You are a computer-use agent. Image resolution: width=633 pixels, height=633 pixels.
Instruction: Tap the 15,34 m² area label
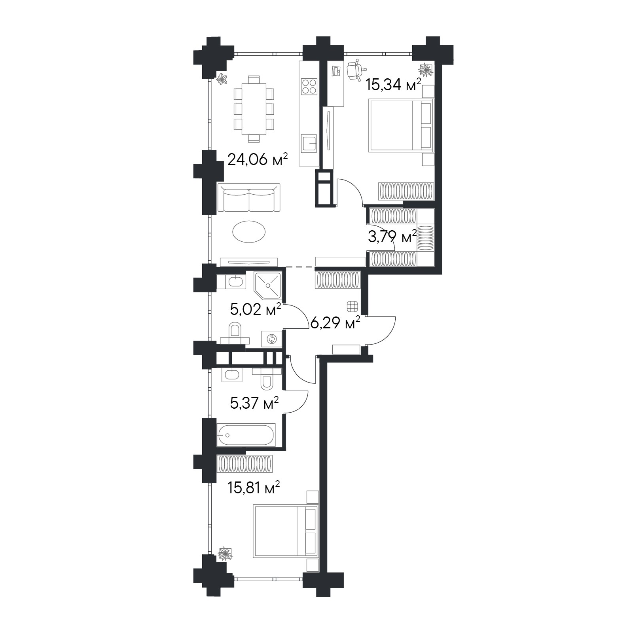click(393, 85)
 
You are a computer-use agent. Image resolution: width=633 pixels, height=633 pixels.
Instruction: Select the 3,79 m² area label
click(392, 237)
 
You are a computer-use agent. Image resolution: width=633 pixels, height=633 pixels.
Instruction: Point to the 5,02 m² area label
click(255, 309)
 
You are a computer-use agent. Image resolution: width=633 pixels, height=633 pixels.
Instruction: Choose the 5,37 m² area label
click(254, 403)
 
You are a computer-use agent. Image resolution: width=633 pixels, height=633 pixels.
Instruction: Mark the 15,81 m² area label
click(254, 488)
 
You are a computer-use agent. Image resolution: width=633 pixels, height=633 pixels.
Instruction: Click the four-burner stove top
click(309, 86)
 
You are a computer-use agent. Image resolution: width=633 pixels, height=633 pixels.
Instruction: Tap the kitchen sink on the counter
click(309, 143)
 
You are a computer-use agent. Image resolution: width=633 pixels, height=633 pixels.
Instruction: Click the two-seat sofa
click(249, 197)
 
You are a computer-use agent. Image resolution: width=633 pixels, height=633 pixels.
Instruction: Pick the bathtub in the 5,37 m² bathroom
click(245, 435)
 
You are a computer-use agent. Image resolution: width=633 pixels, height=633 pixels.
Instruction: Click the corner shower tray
click(268, 286)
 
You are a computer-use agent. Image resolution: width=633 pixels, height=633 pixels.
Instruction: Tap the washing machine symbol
click(271, 339)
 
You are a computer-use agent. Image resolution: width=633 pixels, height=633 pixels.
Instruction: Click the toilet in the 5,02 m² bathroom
click(235, 333)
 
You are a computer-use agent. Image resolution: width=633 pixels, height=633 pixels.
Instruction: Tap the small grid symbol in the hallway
click(352, 307)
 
